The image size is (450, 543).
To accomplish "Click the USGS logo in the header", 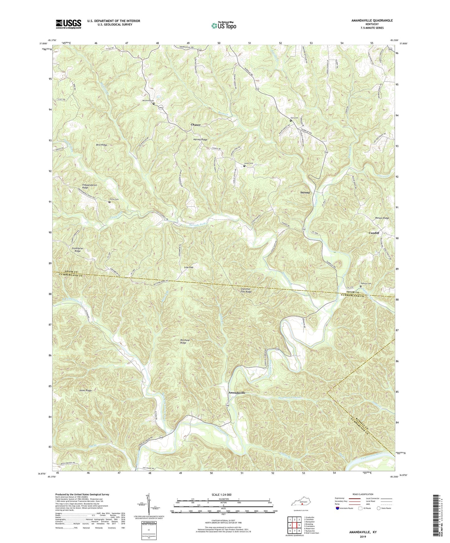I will coord(69,24).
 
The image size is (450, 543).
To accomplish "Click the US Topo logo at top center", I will coord(224,26).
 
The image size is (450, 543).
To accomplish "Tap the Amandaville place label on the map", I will coord(237,393).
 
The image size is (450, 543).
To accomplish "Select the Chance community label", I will coord(196,125).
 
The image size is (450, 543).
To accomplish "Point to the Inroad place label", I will coord(305,193).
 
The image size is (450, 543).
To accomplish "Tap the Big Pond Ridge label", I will coord(185,341).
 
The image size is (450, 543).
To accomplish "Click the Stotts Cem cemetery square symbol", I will coord(109,202).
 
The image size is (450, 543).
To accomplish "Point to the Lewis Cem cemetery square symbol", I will coord(244,166).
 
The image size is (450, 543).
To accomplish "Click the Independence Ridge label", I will coord(89,186).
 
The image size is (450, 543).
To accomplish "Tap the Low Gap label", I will coord(189,267).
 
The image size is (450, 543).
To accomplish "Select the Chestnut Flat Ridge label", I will coord(246,290).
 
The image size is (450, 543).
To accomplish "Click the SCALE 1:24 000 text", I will coord(223,494).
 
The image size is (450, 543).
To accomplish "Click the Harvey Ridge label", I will coord(200,140).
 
